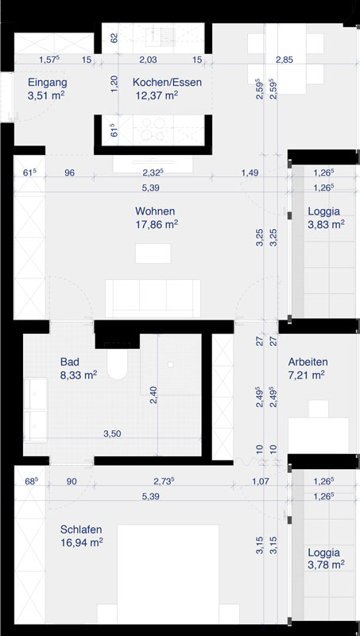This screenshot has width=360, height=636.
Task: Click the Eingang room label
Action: click(48, 83)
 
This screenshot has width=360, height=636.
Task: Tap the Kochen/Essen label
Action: click(167, 83)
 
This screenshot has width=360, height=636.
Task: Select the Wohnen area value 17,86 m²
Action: click(157, 224)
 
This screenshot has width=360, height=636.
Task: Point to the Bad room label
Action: click(69, 362)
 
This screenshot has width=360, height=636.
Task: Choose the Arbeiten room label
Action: click(308, 362)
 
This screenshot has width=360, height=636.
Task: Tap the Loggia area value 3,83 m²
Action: click(327, 225)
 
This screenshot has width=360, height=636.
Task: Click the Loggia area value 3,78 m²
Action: click(327, 564)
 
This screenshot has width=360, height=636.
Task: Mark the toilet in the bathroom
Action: click(118, 363)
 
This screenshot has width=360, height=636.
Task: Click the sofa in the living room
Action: click(153, 299)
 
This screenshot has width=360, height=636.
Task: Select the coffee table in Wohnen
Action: click(153, 254)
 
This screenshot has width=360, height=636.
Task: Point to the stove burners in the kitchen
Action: click(153, 130)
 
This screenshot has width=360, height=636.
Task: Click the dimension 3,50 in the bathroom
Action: click(112, 433)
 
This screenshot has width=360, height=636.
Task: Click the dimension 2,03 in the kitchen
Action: click(148, 60)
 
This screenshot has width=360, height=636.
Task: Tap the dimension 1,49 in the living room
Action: click(250, 173)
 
